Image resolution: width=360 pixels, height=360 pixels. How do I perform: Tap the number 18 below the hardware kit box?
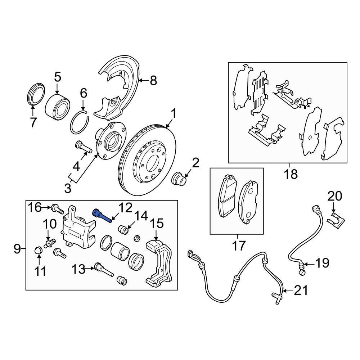pos(291,175)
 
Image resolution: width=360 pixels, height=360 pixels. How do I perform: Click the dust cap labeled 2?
pos(179,179)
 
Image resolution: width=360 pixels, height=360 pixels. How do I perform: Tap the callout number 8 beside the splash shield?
pos(153,81)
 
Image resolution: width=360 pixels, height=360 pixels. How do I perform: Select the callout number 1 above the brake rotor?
pos(173,114)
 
